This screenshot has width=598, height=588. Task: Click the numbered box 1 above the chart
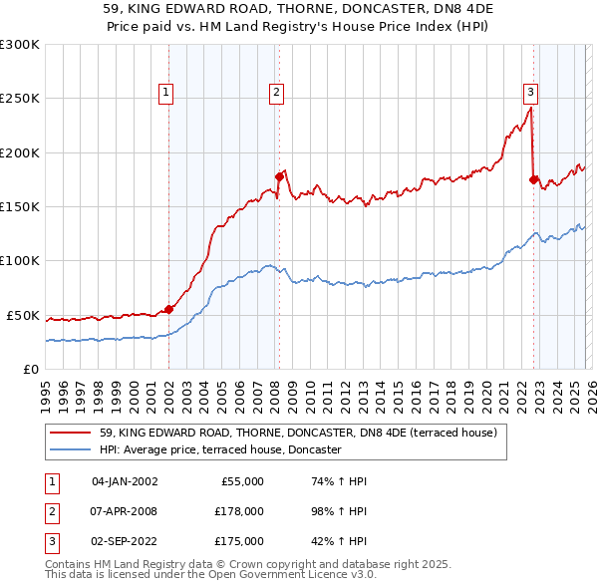(165, 93)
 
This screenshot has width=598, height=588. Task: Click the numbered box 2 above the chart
(275, 93)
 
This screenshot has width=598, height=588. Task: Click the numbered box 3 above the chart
(531, 93)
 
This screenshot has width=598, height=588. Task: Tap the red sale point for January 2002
(168, 309)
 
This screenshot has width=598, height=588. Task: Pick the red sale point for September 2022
(533, 179)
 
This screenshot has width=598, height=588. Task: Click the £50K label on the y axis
(23, 315)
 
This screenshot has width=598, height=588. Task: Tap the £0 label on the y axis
(30, 369)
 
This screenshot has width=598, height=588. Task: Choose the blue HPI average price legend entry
(220, 450)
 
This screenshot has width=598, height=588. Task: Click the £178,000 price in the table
(239, 511)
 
